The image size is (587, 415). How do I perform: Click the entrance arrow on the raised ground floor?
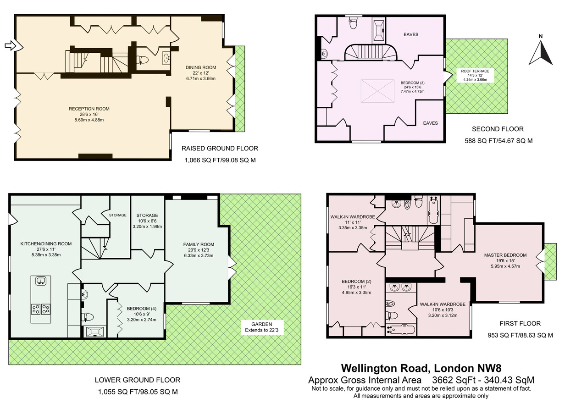[11, 45]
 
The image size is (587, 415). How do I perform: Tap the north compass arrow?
[541, 52]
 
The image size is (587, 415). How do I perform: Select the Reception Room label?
[89, 114]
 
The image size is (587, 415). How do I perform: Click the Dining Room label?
[201, 73]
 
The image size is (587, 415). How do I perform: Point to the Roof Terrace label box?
[475, 75]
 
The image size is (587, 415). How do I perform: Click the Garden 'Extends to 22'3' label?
[262, 327]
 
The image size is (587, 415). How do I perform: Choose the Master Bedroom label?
[505, 260]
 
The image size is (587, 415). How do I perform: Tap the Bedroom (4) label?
[142, 314]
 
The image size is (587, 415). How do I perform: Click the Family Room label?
[199, 250]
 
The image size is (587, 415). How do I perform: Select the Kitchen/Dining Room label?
[46, 249]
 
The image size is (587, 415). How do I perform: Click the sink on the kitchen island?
[41, 281]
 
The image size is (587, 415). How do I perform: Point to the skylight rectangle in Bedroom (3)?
[377, 91]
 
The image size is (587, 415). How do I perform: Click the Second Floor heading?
[498, 129]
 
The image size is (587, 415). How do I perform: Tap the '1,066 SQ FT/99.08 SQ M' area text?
[220, 160]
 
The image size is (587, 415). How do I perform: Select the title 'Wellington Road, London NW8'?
[421, 368]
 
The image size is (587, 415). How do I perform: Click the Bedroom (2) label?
[356, 287]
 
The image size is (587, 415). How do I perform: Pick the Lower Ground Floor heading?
[138, 380]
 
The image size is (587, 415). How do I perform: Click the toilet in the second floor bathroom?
[353, 23]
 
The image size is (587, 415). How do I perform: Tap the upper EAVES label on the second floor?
[411, 34]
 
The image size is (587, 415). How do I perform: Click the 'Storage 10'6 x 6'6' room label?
[147, 221]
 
